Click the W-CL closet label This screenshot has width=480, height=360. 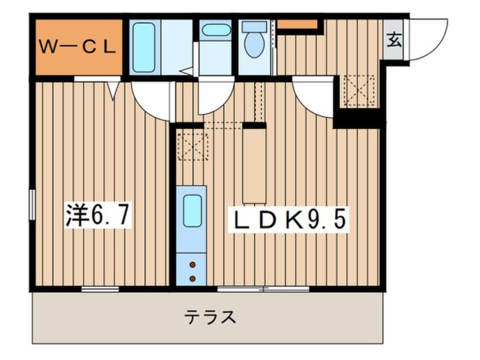coord(78,47)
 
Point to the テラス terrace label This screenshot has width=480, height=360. coord(210,317)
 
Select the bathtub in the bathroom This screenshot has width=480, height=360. coord(144,47)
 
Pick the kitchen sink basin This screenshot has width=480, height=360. coord(192,211)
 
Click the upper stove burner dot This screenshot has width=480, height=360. coord(192,265)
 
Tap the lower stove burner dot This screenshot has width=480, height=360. coord(192,278)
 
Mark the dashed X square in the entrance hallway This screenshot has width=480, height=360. coord(359,90)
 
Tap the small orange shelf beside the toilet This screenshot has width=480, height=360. coord(297,24)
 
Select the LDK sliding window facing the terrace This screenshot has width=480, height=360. coord(263,289)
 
